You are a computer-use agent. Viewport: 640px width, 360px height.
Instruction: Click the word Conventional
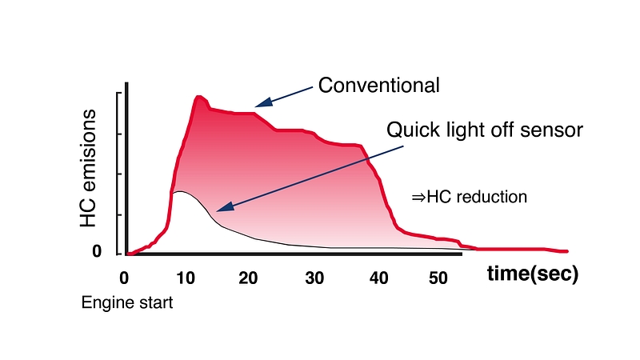pyautogui.click(x=378, y=86)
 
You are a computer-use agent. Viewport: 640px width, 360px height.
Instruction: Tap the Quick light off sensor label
pyautogui.click(x=485, y=130)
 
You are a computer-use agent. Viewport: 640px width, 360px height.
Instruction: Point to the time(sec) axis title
pyautogui.click(x=533, y=274)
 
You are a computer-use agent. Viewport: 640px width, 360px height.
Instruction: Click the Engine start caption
pyautogui.click(x=127, y=304)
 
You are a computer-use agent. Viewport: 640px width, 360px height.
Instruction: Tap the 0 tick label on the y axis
pyautogui.click(x=97, y=252)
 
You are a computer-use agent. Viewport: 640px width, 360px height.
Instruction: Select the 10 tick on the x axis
pyautogui.click(x=186, y=278)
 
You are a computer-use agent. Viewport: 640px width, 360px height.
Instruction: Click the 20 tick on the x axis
pyautogui.click(x=249, y=278)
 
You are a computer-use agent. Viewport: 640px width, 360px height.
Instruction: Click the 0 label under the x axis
pyautogui.click(x=124, y=278)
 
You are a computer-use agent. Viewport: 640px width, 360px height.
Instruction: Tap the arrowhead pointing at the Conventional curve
pyautogui.click(x=261, y=104)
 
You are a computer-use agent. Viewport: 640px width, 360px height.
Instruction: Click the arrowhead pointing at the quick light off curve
pyautogui.click(x=222, y=208)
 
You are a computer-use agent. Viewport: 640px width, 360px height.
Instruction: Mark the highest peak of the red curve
pyautogui.click(x=198, y=97)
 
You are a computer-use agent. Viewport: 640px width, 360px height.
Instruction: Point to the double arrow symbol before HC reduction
pyautogui.click(x=418, y=197)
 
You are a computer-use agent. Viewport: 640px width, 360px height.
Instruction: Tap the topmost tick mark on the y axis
pyautogui.click(x=120, y=94)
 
